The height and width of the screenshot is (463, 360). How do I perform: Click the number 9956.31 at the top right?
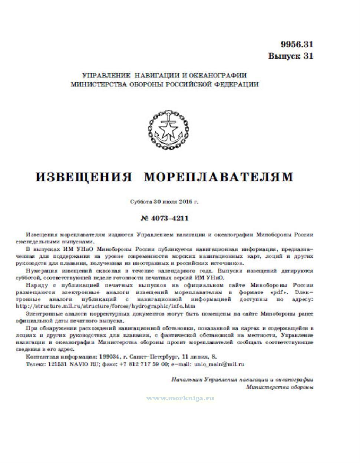coord(297,45)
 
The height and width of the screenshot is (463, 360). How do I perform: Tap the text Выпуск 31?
coord(291,56)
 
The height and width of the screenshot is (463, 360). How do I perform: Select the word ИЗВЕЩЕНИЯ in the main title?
coord(84,177)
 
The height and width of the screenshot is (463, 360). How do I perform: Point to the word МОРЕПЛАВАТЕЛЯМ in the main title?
coord(218,177)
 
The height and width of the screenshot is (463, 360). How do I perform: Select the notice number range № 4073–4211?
coord(165,218)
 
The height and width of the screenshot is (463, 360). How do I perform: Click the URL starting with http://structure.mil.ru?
coord(106,306)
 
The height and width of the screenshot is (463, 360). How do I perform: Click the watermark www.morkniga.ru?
coord(181,399)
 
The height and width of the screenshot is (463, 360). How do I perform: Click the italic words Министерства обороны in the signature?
coord(280,387)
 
